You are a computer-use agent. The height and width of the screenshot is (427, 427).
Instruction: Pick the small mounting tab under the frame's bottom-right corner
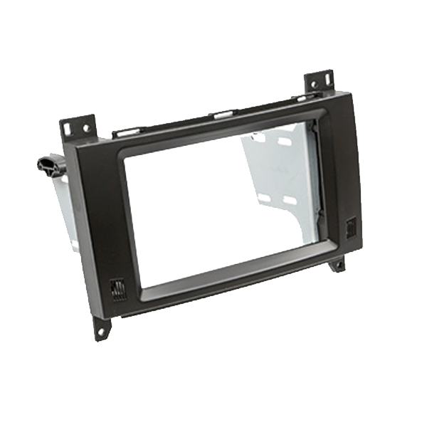337,265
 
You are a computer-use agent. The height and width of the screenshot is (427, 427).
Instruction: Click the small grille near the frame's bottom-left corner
118,290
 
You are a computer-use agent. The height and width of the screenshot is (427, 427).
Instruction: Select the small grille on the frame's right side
352,228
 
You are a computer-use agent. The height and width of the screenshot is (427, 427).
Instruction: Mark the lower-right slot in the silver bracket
290,201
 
